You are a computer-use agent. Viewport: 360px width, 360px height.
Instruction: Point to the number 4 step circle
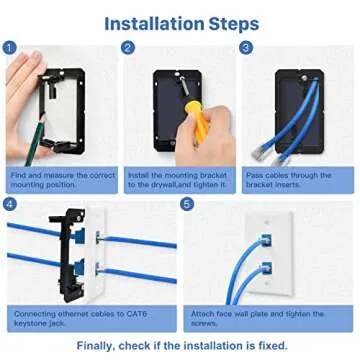click(x=9, y=203)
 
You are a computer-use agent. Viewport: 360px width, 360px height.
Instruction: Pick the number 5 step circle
click(x=187, y=203)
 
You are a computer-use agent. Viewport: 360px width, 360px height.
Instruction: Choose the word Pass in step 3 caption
click(x=255, y=175)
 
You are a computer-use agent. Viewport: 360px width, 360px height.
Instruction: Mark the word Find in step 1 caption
click(x=19, y=175)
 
